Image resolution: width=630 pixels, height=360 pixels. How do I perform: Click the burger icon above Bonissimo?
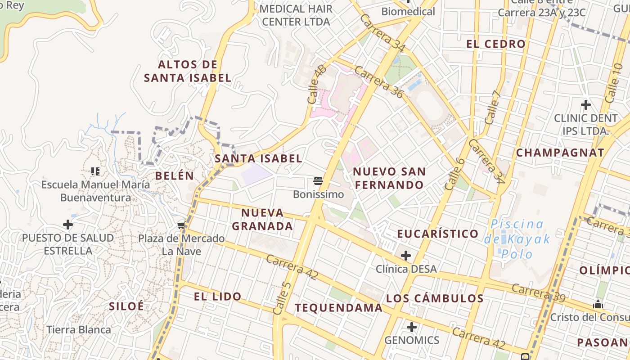point(318,181)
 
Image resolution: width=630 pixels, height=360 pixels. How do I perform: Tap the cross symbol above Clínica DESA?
point(406,256)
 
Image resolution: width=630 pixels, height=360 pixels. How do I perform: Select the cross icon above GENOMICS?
point(411,327)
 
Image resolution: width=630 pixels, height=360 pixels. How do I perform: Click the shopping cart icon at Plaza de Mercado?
point(181,225)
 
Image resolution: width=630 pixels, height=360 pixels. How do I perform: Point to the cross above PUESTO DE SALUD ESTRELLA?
point(68,224)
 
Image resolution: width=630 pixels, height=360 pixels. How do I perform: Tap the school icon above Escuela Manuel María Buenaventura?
point(95,171)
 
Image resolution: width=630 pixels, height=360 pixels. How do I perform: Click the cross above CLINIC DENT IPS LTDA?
point(585,105)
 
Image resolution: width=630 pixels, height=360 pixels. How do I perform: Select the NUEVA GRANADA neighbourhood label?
point(262,219)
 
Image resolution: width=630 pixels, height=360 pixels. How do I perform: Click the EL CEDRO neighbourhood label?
point(496,44)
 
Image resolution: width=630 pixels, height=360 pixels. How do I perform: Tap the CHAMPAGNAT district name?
point(560,153)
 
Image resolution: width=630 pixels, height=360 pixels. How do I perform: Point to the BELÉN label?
point(175,175)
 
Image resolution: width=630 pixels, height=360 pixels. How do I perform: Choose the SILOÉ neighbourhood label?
point(126,306)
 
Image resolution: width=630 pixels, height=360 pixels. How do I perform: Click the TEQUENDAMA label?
point(338,308)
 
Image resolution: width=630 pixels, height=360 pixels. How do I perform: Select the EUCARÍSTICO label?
point(437,234)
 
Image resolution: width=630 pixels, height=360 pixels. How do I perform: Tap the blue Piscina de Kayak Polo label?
point(517,238)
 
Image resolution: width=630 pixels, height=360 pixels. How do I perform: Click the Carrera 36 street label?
point(378,81)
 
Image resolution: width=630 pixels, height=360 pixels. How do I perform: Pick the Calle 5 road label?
point(283,297)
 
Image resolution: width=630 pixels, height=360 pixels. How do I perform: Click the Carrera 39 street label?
point(538,293)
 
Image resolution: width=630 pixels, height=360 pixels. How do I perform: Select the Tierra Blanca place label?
point(79,329)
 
